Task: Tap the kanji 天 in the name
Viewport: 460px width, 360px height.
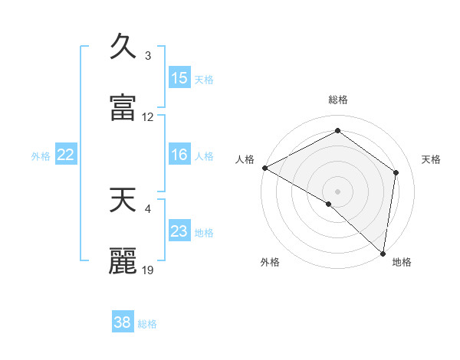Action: (x=123, y=200)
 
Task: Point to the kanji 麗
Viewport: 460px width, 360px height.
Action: (x=123, y=261)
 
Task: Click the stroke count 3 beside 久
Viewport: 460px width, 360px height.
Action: (x=148, y=56)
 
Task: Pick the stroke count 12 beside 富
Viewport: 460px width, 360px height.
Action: (x=148, y=117)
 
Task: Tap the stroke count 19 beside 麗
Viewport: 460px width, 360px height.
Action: (x=148, y=270)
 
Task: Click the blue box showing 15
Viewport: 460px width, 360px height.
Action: (x=179, y=78)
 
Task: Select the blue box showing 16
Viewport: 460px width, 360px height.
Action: (x=179, y=155)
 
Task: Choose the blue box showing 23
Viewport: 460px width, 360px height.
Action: (x=179, y=231)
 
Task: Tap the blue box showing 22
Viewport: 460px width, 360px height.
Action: (x=66, y=155)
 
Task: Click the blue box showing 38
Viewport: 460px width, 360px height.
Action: (x=123, y=322)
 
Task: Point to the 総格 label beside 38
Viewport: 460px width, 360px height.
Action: (x=147, y=324)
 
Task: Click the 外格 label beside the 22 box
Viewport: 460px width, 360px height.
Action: (x=41, y=156)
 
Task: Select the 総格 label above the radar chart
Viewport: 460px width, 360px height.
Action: (x=338, y=100)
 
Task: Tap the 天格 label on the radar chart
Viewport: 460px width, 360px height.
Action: (x=431, y=159)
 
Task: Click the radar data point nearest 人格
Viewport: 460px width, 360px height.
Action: (x=264, y=168)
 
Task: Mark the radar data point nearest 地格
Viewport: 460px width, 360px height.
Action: (x=383, y=253)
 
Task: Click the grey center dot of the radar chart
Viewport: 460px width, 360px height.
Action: (x=338, y=191)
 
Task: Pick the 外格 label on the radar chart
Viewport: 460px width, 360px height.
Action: (x=270, y=262)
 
